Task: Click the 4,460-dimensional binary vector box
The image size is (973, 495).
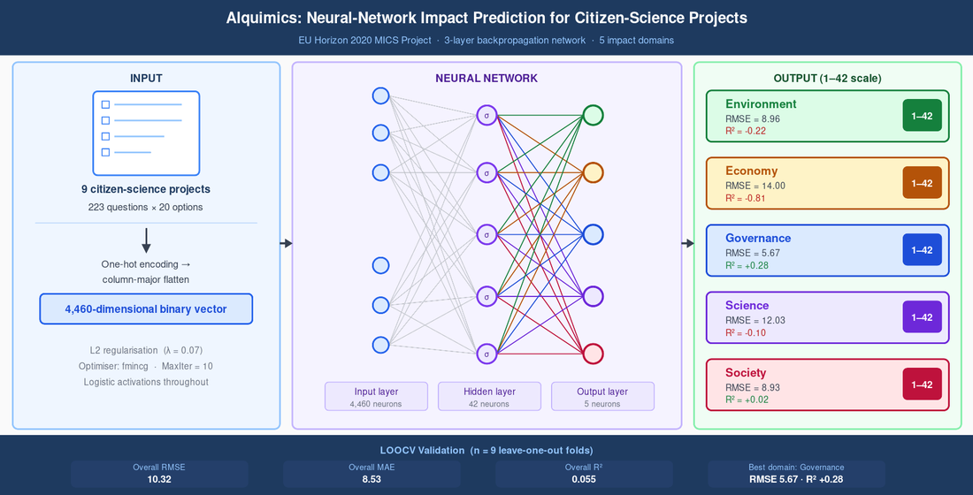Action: [146, 308]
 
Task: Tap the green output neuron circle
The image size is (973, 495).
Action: [593, 115]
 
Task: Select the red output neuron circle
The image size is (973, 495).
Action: [593, 354]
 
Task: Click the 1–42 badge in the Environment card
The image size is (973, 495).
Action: [922, 116]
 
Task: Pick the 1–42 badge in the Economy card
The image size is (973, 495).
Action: [922, 183]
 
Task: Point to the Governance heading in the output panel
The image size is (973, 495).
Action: [758, 238]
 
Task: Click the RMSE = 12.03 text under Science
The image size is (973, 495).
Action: [755, 320]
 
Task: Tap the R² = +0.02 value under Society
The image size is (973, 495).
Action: [755, 400]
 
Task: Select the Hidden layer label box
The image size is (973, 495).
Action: [489, 396]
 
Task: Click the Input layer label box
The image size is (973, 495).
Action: [376, 396]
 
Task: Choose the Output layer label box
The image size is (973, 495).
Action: [602, 396]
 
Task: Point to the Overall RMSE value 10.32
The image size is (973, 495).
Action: [160, 479]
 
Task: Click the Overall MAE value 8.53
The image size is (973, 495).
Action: [372, 479]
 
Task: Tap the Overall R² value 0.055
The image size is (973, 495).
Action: [584, 479]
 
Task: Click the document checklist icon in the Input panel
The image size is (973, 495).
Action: [146, 133]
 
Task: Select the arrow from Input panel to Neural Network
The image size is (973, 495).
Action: [286, 243]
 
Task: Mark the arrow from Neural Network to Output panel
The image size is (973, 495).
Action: [687, 243]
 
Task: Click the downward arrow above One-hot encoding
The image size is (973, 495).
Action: [146, 240]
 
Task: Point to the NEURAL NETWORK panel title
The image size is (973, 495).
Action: [486, 78]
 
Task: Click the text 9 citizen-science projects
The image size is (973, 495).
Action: [146, 189]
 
